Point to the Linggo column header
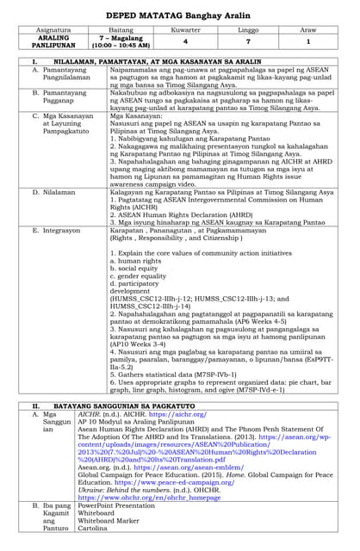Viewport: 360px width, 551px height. click(247, 29)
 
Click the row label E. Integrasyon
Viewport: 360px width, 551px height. click(62, 232)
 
